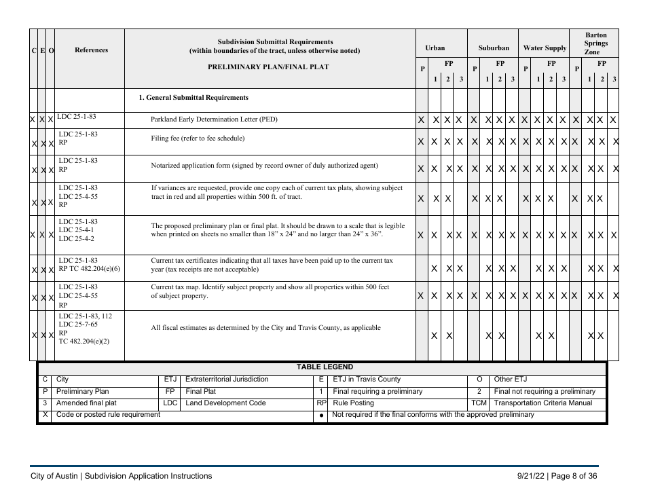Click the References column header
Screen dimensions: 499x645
tap(90, 50)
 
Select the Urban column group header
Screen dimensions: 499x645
tap(435, 49)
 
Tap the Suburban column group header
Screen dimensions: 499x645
tap(494, 49)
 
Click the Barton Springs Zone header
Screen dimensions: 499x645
tap(596, 43)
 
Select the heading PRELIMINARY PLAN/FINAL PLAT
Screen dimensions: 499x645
tap(269, 67)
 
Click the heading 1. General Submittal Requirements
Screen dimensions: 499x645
tap(193, 98)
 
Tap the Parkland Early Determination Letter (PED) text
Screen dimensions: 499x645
tap(214, 120)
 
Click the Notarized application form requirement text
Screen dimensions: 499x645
tap(264, 166)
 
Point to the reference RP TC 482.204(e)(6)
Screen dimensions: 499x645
tap(89, 269)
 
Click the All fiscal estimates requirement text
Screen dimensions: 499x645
tap(265, 328)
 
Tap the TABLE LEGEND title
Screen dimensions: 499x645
tap(325, 367)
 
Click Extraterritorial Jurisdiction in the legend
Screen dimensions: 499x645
tap(226, 380)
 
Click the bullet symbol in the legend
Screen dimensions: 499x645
tap(320, 415)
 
